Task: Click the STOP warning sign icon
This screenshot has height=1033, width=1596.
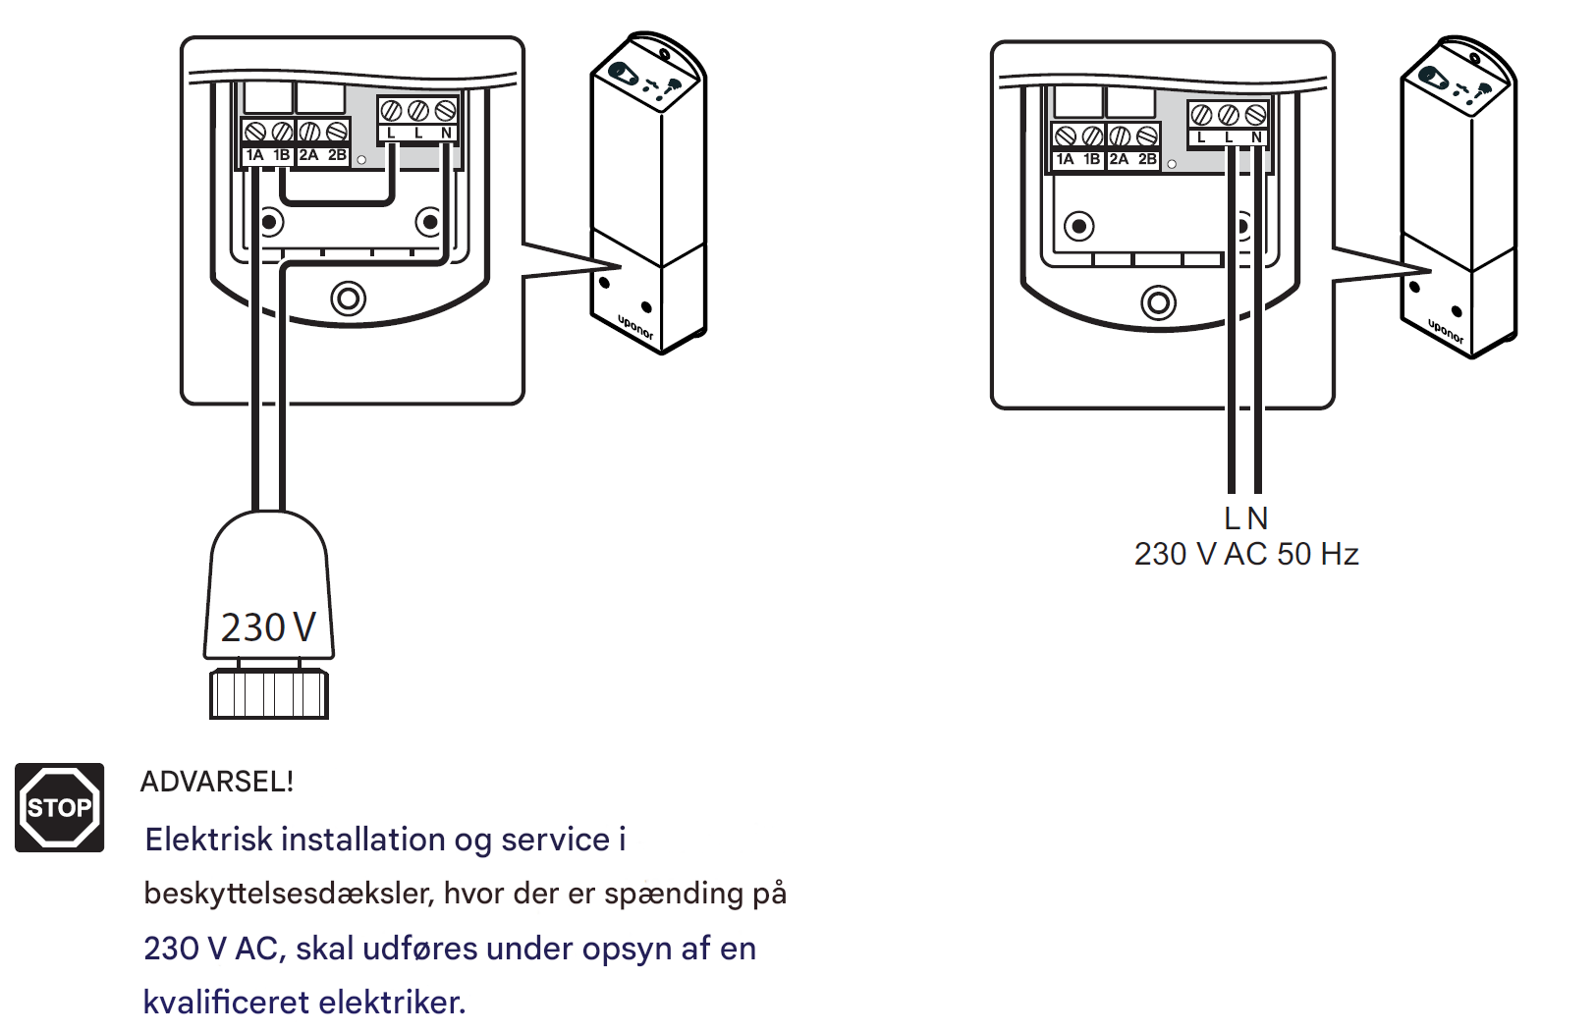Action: [x=59, y=807]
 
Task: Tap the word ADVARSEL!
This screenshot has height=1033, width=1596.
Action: [x=217, y=782]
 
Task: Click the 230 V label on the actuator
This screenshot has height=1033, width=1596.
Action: [x=268, y=627]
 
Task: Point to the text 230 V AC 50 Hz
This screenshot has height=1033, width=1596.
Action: [x=1245, y=554]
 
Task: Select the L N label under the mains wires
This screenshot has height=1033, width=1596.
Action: [x=1245, y=517]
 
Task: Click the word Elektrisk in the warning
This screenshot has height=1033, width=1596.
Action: [x=208, y=840]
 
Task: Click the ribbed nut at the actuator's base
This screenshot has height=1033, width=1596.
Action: [x=268, y=693]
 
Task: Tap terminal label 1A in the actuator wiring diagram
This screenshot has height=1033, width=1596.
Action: [x=255, y=155]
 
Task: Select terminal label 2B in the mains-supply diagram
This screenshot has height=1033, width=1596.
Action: [x=1147, y=159]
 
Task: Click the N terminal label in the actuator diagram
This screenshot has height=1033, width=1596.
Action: [x=446, y=134]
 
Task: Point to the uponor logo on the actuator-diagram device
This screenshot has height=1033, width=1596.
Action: [x=635, y=328]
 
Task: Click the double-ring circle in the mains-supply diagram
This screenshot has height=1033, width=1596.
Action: [x=1158, y=302]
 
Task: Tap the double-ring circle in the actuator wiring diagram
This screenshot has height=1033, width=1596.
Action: [x=348, y=298]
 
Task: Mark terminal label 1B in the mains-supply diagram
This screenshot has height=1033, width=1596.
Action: [x=1091, y=159]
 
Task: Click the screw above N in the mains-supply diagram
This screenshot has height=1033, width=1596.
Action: [x=1255, y=115]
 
